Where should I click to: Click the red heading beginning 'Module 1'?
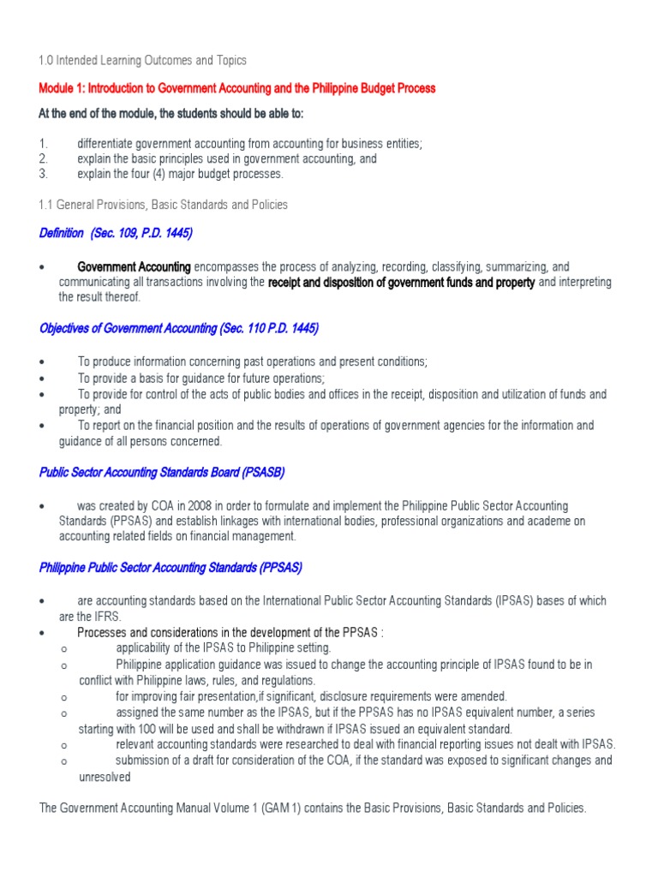237,88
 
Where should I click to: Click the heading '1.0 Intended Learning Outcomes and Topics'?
142,61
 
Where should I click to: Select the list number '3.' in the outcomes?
43,174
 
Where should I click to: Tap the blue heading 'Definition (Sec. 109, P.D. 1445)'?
116,233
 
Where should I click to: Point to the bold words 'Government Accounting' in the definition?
134,267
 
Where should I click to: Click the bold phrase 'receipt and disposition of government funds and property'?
402,282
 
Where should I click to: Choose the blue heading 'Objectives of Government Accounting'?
179,329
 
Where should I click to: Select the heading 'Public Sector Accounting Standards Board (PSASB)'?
162,472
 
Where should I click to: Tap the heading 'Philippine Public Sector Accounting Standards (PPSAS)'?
170,568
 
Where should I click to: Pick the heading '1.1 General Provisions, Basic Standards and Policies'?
163,205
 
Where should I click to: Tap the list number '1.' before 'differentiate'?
43,143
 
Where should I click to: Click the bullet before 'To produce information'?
42,362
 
